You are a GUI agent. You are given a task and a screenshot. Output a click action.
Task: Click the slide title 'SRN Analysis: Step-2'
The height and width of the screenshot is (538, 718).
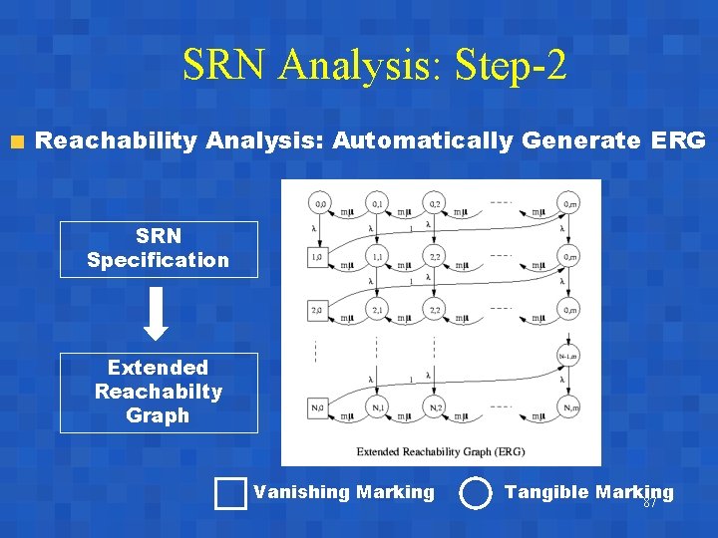375,66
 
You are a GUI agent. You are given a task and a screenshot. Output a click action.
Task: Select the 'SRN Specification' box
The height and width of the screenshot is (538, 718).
159,249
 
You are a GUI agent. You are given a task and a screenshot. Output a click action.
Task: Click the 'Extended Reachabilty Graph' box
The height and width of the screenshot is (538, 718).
159,393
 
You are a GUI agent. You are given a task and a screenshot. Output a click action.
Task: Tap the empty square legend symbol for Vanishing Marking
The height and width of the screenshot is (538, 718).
230,493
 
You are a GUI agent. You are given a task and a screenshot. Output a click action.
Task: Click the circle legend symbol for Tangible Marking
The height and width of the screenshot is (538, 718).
476,493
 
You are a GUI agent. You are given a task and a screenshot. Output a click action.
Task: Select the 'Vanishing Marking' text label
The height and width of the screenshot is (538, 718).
344,492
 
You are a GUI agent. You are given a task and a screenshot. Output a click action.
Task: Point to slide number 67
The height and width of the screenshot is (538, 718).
649,503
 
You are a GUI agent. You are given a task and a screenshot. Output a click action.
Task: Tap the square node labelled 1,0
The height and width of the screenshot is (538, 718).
318,257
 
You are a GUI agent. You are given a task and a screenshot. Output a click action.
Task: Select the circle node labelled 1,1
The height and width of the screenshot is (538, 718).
377,257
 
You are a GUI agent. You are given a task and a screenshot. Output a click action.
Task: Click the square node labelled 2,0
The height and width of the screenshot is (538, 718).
318,310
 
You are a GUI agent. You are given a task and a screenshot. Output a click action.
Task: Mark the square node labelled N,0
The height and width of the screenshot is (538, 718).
318,406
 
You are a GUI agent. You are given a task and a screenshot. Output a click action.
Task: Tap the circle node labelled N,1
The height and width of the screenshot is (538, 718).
377,406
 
